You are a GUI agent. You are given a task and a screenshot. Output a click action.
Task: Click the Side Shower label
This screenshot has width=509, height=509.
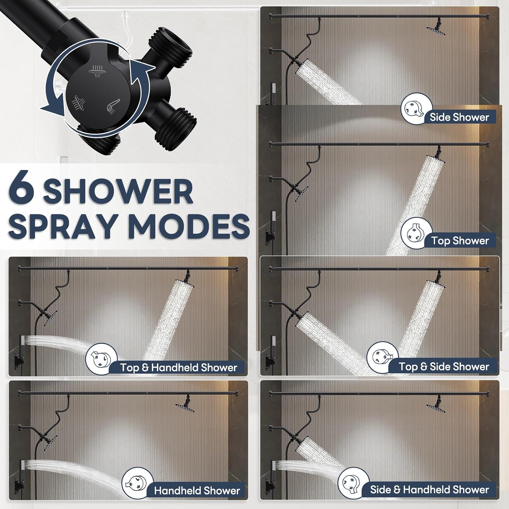point(459,117)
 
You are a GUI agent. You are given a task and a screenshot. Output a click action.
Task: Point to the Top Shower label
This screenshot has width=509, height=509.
point(460,241)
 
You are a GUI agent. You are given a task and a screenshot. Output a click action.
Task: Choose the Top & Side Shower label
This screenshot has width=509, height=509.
point(444,366)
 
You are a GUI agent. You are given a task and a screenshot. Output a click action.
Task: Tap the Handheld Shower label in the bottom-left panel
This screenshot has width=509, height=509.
point(197,491)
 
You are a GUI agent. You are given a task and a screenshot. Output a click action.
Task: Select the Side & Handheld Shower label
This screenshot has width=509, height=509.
point(430,490)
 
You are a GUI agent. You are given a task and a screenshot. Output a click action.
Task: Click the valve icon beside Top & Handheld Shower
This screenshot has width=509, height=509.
point(101,359)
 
